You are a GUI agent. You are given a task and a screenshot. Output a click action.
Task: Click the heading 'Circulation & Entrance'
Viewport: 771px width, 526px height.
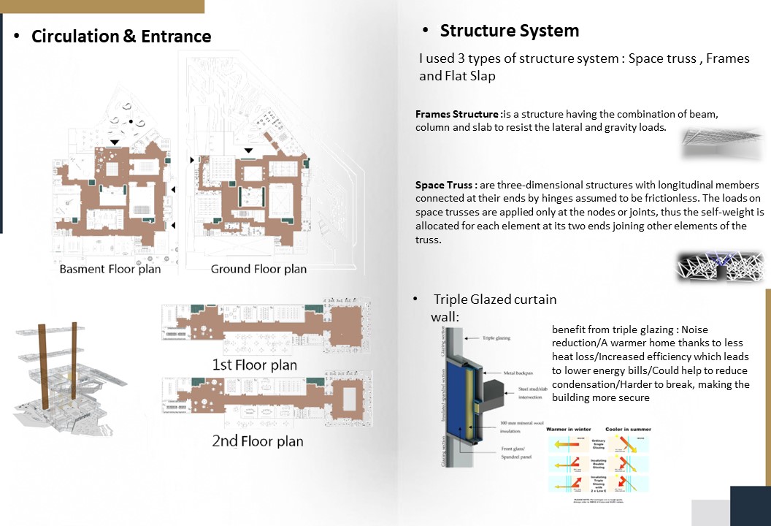(x=121, y=37)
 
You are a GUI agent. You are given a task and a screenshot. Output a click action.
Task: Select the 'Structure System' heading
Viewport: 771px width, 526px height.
(x=509, y=31)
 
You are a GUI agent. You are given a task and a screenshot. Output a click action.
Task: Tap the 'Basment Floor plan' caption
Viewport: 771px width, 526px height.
(x=110, y=269)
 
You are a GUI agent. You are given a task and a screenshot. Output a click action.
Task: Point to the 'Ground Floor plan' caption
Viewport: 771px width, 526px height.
(x=258, y=269)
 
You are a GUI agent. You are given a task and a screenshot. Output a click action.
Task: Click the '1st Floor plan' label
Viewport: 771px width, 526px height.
(x=254, y=364)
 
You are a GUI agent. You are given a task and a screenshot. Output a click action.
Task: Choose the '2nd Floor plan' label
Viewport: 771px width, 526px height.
(x=257, y=441)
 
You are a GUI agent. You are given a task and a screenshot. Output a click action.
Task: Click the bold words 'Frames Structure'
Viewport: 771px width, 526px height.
(x=457, y=115)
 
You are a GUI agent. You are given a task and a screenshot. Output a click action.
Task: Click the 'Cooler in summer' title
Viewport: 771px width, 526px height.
(x=627, y=430)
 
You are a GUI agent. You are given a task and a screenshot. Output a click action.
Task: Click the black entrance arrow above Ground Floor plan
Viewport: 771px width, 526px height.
(x=248, y=150)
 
